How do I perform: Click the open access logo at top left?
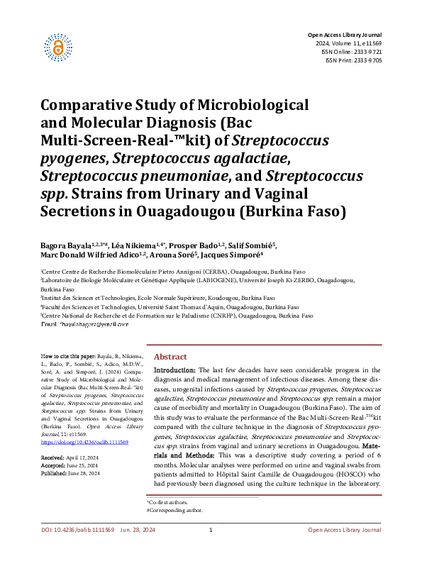59,45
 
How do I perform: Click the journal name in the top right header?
344,35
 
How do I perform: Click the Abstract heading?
170,357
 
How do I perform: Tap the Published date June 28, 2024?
89,474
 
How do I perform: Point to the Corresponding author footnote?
174,510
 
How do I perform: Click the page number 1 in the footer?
211,550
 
